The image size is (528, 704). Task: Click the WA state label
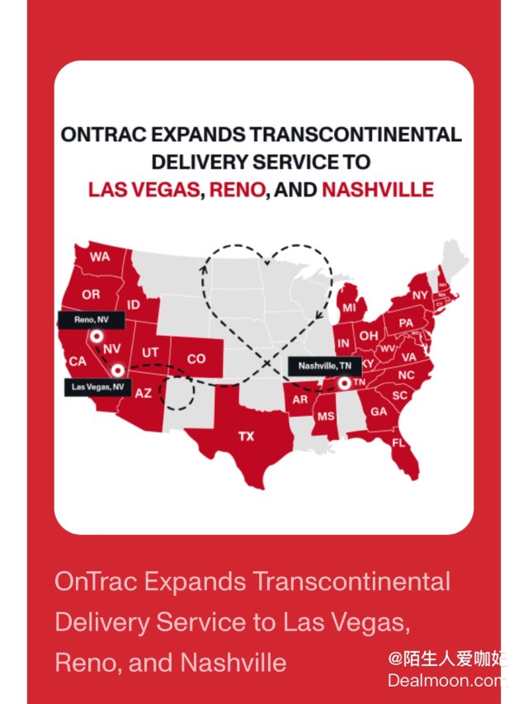(x=100, y=257)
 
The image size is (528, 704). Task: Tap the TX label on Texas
(x=247, y=437)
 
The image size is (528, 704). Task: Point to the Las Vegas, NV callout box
(x=97, y=386)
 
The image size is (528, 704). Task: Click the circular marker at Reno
(x=97, y=336)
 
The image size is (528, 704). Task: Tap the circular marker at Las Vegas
(x=118, y=371)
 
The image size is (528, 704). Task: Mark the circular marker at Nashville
(x=343, y=382)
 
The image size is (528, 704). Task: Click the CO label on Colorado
(x=196, y=359)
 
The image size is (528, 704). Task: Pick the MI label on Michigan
(x=350, y=308)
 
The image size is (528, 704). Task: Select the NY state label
(x=421, y=295)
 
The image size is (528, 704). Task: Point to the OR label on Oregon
(x=91, y=295)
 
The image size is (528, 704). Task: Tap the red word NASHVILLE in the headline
(x=377, y=190)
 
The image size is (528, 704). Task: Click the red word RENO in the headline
(x=238, y=190)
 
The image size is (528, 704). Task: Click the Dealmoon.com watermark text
(x=445, y=681)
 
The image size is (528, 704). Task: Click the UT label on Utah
(x=150, y=352)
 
